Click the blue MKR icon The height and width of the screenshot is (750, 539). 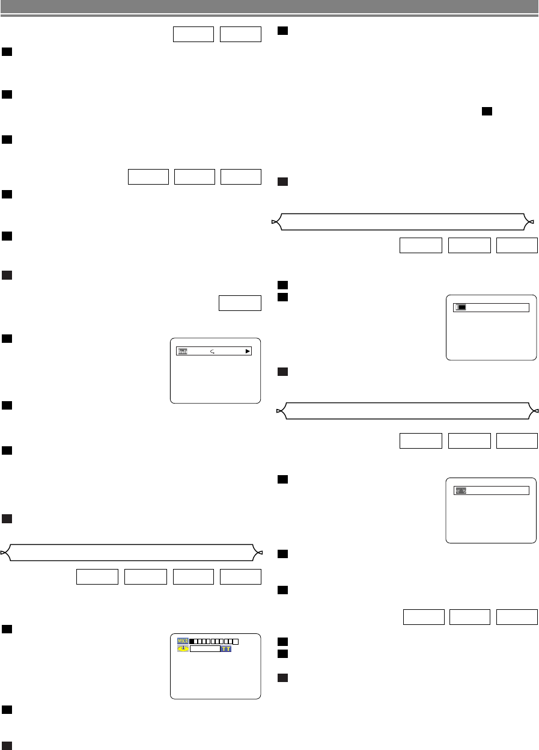[x=183, y=641]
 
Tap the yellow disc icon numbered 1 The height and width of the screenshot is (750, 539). [x=183, y=650]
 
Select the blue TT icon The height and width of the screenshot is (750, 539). [x=226, y=650]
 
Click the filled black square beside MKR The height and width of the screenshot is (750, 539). [x=192, y=642]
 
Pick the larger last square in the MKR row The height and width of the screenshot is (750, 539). [x=236, y=642]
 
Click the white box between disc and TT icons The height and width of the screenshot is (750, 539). [x=205, y=650]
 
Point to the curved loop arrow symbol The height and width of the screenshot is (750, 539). [x=214, y=351]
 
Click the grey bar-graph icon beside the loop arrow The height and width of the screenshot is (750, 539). [x=182, y=351]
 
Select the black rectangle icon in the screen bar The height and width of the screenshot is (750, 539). [x=461, y=307]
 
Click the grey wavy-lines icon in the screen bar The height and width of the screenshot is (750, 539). [x=461, y=491]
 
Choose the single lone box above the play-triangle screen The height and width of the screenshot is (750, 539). [x=240, y=304]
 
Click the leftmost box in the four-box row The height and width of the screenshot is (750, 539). [x=97, y=576]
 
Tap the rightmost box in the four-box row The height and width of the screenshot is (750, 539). [x=240, y=576]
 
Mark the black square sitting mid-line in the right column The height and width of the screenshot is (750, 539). [x=487, y=111]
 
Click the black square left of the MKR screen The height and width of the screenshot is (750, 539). [x=8, y=629]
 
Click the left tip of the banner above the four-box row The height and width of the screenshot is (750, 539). [x=4, y=552]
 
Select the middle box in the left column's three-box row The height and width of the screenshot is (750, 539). [x=194, y=177]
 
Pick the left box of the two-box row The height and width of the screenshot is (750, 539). [x=193, y=34]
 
